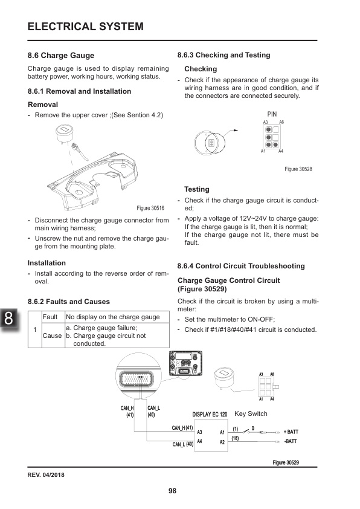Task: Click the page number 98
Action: (x=172, y=491)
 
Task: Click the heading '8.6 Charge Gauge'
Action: (x=61, y=55)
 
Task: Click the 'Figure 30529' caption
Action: (x=286, y=462)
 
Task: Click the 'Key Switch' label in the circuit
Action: (x=250, y=414)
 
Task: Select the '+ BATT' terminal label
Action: (x=291, y=432)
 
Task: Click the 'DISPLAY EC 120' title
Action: (x=210, y=415)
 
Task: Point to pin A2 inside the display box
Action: (x=222, y=442)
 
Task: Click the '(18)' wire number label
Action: (x=236, y=438)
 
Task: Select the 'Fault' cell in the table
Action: (x=50, y=317)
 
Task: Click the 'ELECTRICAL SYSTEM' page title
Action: (x=85, y=27)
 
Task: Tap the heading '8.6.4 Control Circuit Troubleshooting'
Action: (x=241, y=266)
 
